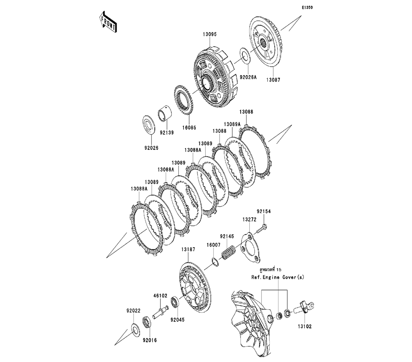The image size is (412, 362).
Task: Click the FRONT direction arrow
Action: coord(107,23)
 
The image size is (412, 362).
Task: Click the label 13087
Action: coord(272,80)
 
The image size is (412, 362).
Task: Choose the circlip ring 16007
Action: coord(215,261)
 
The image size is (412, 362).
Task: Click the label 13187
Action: coord(188,249)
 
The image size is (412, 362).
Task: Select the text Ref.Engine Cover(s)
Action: coord(278,278)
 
